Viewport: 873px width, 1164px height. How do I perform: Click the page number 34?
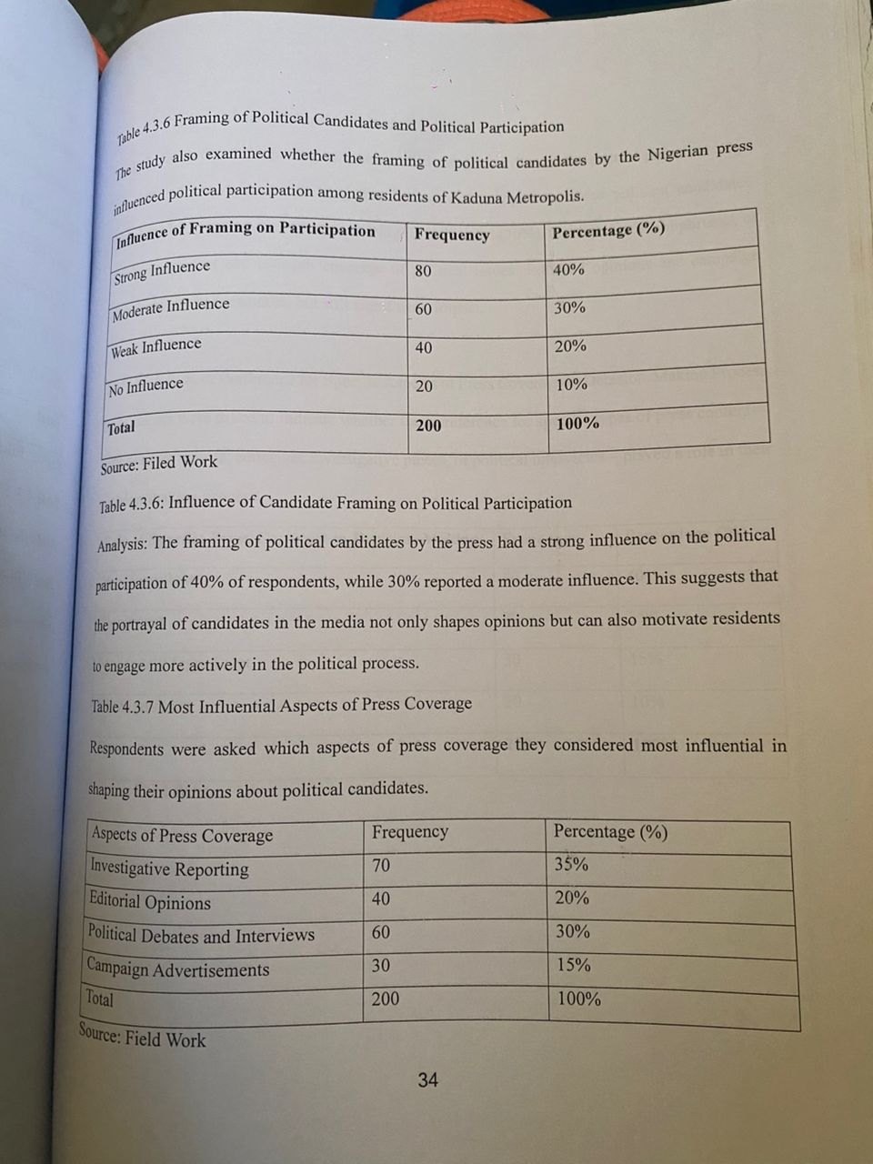(x=427, y=1079)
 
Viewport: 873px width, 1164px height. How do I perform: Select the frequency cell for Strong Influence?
(x=423, y=271)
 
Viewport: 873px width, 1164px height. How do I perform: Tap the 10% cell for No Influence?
(x=571, y=384)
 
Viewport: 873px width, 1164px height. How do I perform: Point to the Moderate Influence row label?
(x=170, y=309)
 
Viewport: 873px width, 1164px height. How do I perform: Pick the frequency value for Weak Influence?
(x=424, y=347)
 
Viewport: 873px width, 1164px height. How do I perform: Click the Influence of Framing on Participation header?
(x=246, y=231)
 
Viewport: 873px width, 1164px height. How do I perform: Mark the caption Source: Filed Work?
(x=159, y=464)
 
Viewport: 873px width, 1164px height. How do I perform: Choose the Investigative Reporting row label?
(x=169, y=868)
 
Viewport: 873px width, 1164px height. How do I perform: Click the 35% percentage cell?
(x=571, y=864)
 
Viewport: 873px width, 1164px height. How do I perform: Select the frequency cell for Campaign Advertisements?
(x=381, y=965)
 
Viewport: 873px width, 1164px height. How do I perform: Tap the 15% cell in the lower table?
(x=573, y=965)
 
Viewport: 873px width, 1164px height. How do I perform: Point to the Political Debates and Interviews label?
(x=201, y=935)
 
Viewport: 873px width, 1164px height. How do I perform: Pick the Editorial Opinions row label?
(x=150, y=902)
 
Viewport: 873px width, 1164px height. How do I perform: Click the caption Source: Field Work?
(x=143, y=1037)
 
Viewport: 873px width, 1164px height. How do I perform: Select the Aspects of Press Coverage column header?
(x=182, y=835)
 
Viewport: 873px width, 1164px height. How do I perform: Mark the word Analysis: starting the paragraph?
(x=122, y=545)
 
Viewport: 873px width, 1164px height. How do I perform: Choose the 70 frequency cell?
(x=381, y=865)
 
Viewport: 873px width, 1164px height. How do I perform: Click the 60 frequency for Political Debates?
(x=381, y=932)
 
